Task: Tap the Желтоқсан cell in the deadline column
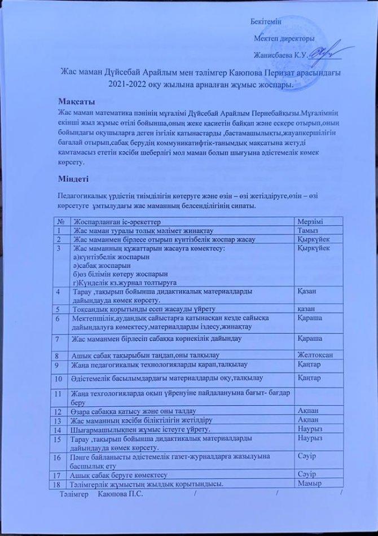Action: click(x=318, y=354)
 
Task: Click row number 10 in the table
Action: click(x=59, y=377)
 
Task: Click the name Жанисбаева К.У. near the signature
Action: click(x=279, y=55)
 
